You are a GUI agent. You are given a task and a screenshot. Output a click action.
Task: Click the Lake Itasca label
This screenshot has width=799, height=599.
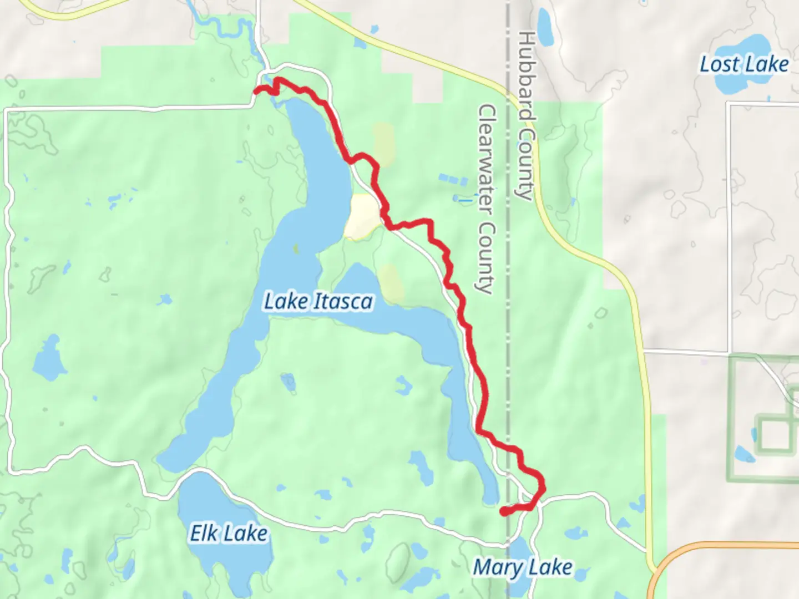coord(318,302)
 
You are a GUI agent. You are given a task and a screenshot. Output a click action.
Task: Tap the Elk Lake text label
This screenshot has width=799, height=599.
coord(229,534)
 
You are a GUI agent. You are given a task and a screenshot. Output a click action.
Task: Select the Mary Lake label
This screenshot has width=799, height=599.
coord(522,567)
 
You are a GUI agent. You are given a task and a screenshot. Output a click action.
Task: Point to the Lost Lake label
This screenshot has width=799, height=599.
coord(744,64)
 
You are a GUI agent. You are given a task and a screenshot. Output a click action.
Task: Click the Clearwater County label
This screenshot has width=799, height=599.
coord(486,198)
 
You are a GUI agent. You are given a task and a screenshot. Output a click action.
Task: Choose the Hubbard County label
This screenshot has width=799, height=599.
coord(525,115)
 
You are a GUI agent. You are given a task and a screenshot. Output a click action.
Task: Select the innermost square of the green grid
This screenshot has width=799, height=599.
coord(773,435)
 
